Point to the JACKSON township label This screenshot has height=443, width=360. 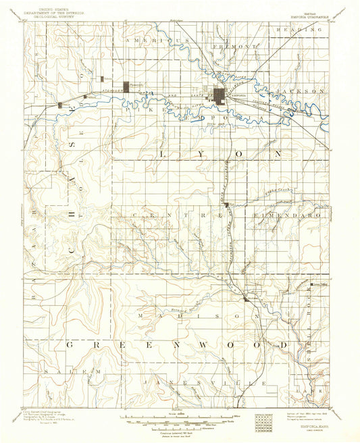303,90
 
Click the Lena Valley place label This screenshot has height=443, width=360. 319,285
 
